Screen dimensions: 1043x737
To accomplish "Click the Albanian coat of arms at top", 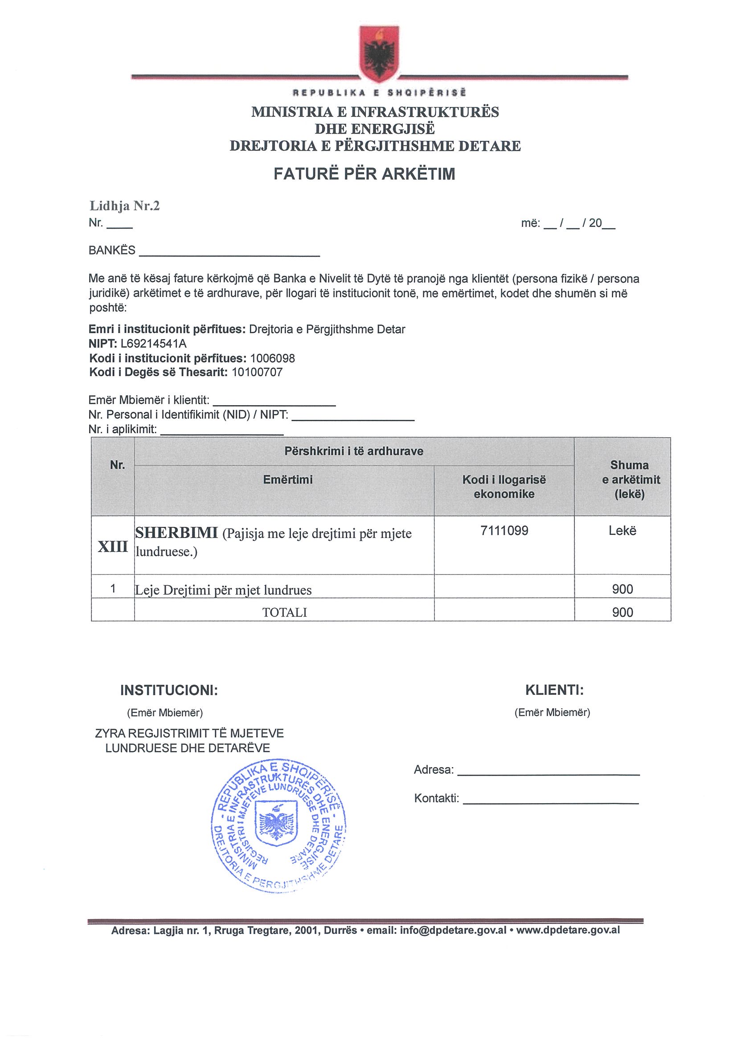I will (379, 53).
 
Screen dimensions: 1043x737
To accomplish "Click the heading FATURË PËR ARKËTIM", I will (364, 174).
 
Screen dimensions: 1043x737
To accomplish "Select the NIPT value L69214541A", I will (153, 343).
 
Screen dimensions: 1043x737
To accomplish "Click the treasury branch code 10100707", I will (257, 372).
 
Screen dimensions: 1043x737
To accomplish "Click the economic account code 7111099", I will (504, 530).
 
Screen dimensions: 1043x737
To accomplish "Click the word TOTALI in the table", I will (285, 612).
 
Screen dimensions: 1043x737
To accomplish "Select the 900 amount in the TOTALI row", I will (622, 612).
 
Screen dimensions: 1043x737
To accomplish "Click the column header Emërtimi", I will (288, 480).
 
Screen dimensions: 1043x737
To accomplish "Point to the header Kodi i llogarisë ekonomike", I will (504, 487).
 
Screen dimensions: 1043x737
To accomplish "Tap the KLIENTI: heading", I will (554, 690).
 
